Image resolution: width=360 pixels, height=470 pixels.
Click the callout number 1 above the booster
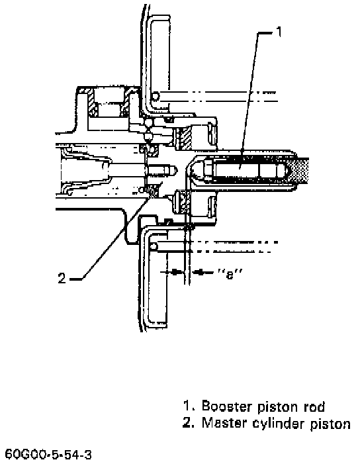tap(279, 32)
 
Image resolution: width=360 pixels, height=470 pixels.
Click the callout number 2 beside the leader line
tap(62, 279)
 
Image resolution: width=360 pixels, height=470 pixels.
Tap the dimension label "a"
tap(230, 274)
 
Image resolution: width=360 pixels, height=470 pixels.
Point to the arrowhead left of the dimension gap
tap(177, 272)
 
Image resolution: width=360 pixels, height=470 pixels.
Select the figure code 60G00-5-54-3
tap(48, 455)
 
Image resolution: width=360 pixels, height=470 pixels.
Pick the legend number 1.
tap(188, 406)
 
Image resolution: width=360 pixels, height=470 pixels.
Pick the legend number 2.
tap(188, 423)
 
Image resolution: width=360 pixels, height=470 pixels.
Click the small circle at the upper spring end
tap(155, 97)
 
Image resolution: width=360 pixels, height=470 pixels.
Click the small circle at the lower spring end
tap(154, 246)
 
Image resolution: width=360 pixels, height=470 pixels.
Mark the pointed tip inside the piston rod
tap(287, 171)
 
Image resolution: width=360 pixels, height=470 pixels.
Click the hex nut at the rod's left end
tap(208, 171)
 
